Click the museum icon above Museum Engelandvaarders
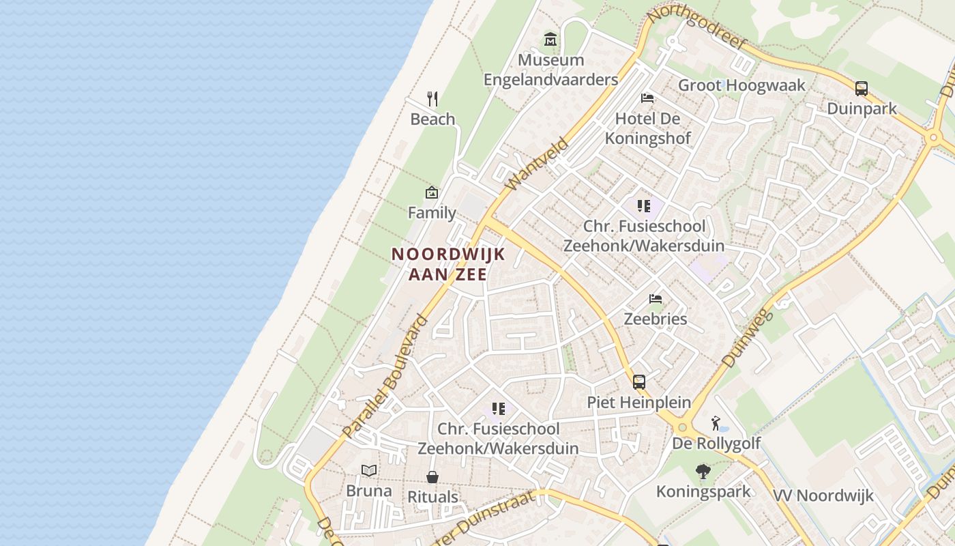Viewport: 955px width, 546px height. coord(550,40)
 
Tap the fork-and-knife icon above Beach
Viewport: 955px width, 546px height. coord(432,99)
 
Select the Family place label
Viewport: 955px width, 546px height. coord(432,213)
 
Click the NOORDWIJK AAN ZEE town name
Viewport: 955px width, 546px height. coord(448,264)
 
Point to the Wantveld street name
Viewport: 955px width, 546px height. coord(538,164)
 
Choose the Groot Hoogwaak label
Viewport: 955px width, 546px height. coord(741,85)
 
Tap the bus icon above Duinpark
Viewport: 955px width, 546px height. coord(861,88)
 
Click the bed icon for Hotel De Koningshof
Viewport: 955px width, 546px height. coord(647,98)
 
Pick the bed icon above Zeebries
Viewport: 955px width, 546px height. coord(656,298)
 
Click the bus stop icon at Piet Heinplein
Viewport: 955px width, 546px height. coord(638,382)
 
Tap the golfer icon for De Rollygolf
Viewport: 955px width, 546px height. coord(716,423)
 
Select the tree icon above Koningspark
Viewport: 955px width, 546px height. coord(703,471)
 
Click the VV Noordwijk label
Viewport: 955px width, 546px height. coord(823,495)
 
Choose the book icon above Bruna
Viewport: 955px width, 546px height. coord(369,470)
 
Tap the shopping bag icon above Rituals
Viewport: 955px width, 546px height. coord(432,476)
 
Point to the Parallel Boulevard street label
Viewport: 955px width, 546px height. coord(385,377)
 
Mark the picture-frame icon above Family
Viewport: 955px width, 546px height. coord(431,192)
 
